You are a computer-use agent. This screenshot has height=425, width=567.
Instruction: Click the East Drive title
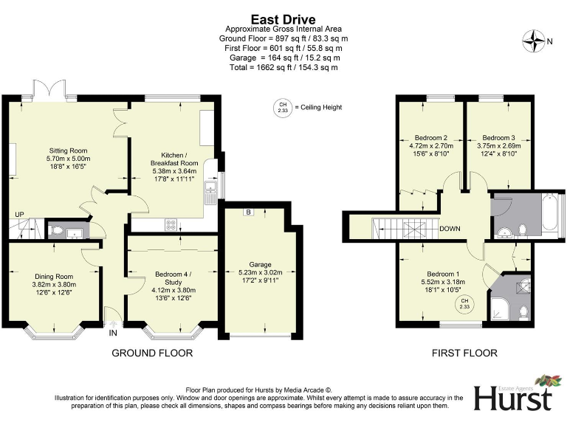pyautogui.click(x=283, y=19)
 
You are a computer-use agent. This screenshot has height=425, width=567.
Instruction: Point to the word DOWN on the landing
pyautogui.click(x=450, y=229)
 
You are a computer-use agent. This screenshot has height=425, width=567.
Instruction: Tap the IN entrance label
pyautogui.click(x=113, y=334)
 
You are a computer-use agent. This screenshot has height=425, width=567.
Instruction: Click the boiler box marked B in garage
pyautogui.click(x=248, y=212)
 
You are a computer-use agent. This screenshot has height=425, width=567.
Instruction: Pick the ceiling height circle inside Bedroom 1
pyautogui.click(x=465, y=304)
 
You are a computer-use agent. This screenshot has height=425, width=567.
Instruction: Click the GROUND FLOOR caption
pyautogui.click(x=152, y=353)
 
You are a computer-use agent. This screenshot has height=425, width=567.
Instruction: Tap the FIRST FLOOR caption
pyautogui.click(x=464, y=353)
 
